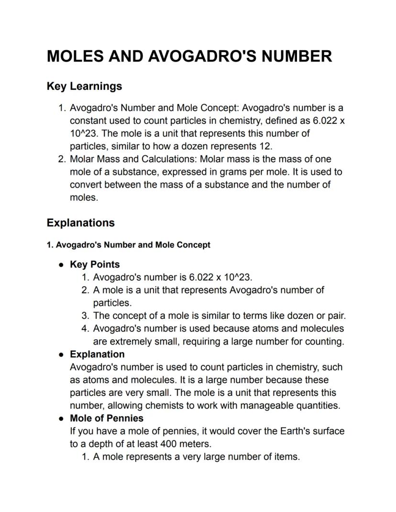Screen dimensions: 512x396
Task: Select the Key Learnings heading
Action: (84, 87)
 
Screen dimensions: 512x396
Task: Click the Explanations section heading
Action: (80, 223)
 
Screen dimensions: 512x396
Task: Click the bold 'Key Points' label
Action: (95, 264)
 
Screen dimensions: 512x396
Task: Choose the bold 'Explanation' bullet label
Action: (97, 354)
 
